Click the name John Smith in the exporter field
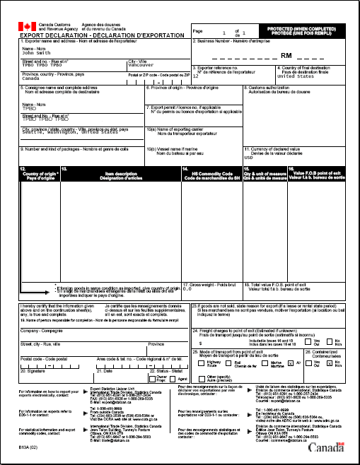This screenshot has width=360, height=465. click(37, 52)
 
